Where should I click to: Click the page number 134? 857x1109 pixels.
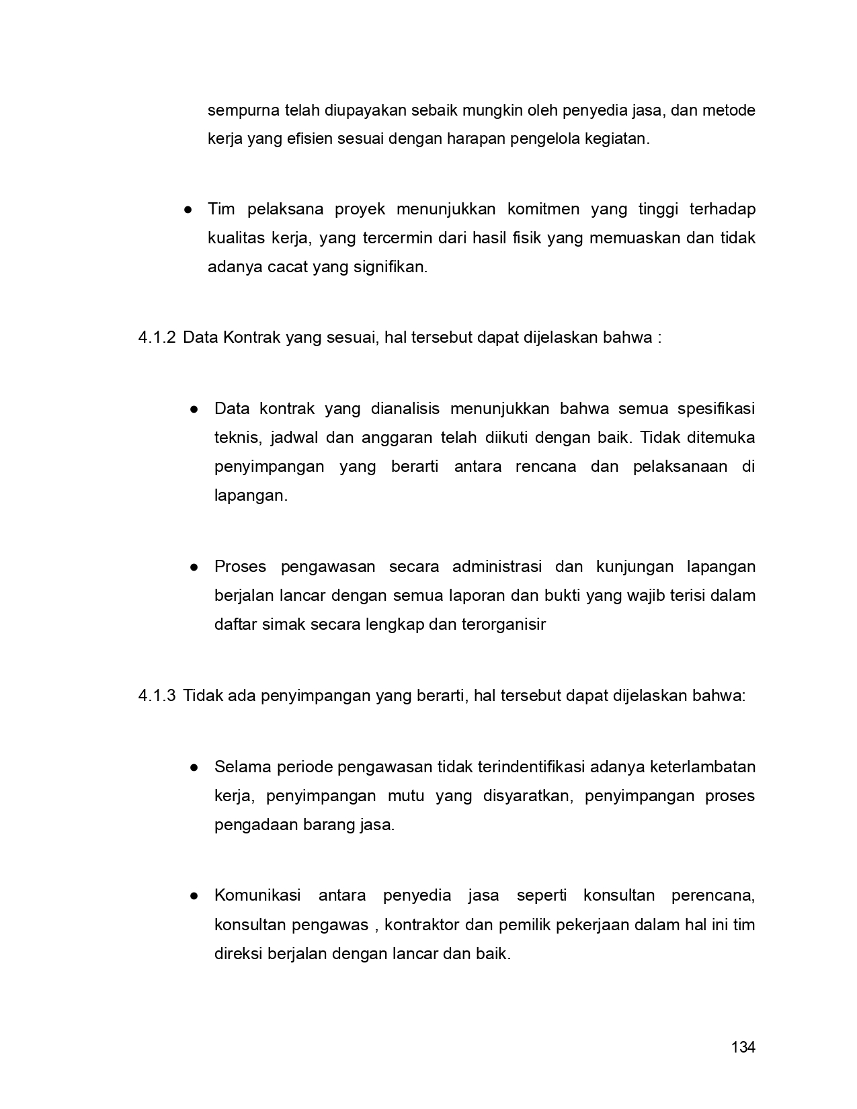pyautogui.click(x=743, y=1047)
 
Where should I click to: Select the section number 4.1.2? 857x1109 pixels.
pyautogui.click(x=157, y=337)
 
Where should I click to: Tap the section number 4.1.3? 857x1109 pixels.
pyautogui.click(x=157, y=696)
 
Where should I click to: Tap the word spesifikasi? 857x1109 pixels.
pyautogui.click(x=716, y=409)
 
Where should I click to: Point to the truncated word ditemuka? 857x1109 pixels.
pyautogui.click(x=721, y=438)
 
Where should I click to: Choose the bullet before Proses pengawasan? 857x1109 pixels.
pyautogui.click(x=194, y=567)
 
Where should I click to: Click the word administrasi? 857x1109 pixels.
pyautogui.click(x=497, y=567)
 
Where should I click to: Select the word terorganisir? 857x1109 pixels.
pyautogui.click(x=503, y=625)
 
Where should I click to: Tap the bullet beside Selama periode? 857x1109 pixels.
pyautogui.click(x=194, y=768)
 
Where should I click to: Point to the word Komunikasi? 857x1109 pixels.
pyautogui.click(x=257, y=896)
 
